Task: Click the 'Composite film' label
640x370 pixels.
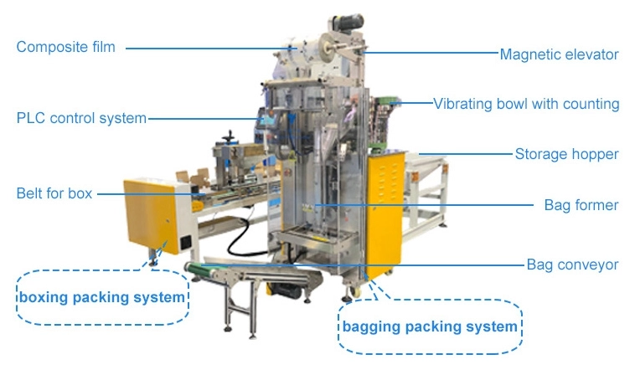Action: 65,47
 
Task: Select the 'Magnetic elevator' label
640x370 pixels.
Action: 560,54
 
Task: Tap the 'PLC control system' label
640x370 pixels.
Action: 81,118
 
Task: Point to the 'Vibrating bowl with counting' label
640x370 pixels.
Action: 526,104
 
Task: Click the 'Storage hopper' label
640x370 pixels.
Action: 566,154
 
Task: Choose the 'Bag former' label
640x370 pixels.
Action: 581,205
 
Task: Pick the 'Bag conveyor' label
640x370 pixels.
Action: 572,265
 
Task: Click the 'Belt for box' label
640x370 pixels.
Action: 54,193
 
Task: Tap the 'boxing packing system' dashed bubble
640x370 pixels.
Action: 102,297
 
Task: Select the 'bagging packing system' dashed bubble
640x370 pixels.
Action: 431,326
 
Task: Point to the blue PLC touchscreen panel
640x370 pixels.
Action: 269,121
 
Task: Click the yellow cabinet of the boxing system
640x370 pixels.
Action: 152,216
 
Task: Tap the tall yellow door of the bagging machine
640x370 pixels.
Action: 385,213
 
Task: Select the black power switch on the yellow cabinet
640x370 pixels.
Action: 185,243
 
